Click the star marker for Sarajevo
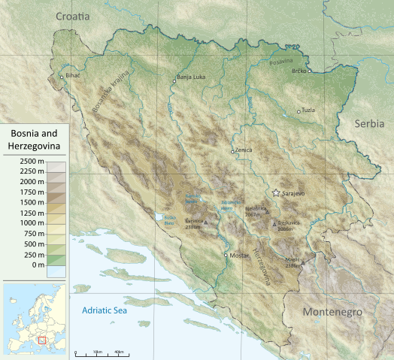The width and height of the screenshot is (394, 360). pyautogui.click(x=276, y=193)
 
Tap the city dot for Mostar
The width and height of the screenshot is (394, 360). pyautogui.click(x=226, y=255)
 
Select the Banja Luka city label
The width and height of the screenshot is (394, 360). pyautogui.click(x=190, y=77)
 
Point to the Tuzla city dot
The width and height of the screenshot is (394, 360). pyautogui.click(x=299, y=111)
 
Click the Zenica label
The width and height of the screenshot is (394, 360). pyautogui.click(x=244, y=150)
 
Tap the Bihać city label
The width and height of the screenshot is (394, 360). pyautogui.click(x=72, y=76)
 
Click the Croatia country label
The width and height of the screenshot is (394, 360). pyautogui.click(x=72, y=15)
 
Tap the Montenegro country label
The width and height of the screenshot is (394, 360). pyautogui.click(x=332, y=312)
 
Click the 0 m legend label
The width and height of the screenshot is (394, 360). pyautogui.click(x=38, y=265)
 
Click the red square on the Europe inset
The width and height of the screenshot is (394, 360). pyautogui.click(x=41, y=340)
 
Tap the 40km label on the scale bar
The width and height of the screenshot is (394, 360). pyautogui.click(x=120, y=352)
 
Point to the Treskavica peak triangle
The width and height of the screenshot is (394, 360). pyautogui.click(x=274, y=223)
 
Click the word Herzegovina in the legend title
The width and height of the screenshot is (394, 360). pyautogui.click(x=36, y=145)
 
